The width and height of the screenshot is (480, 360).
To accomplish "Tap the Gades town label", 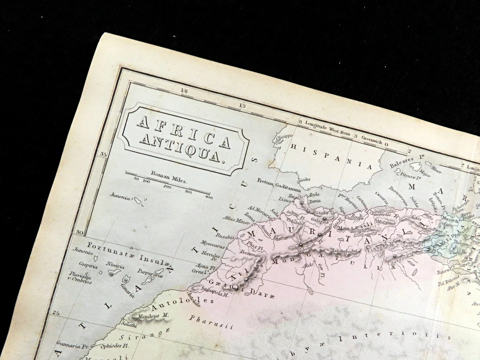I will coord(305,180).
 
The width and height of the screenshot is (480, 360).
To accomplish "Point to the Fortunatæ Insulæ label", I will coord(126,251).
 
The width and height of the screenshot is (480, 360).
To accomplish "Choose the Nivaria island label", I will coord(115,266).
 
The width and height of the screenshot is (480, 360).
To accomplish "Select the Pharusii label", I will coord(211,322).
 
